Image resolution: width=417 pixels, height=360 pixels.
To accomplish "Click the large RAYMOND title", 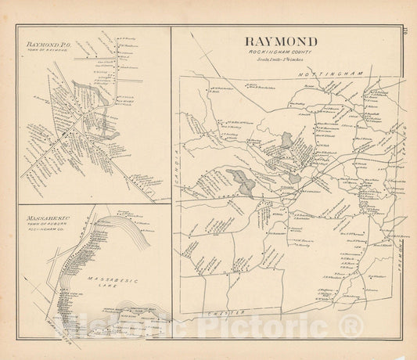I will coord(282,41).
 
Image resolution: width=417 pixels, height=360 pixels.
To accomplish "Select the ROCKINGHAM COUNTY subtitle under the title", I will coord(282,53).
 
